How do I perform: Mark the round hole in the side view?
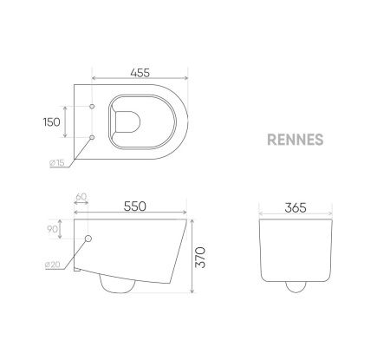[89, 239]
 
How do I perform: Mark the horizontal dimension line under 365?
[296, 216]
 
